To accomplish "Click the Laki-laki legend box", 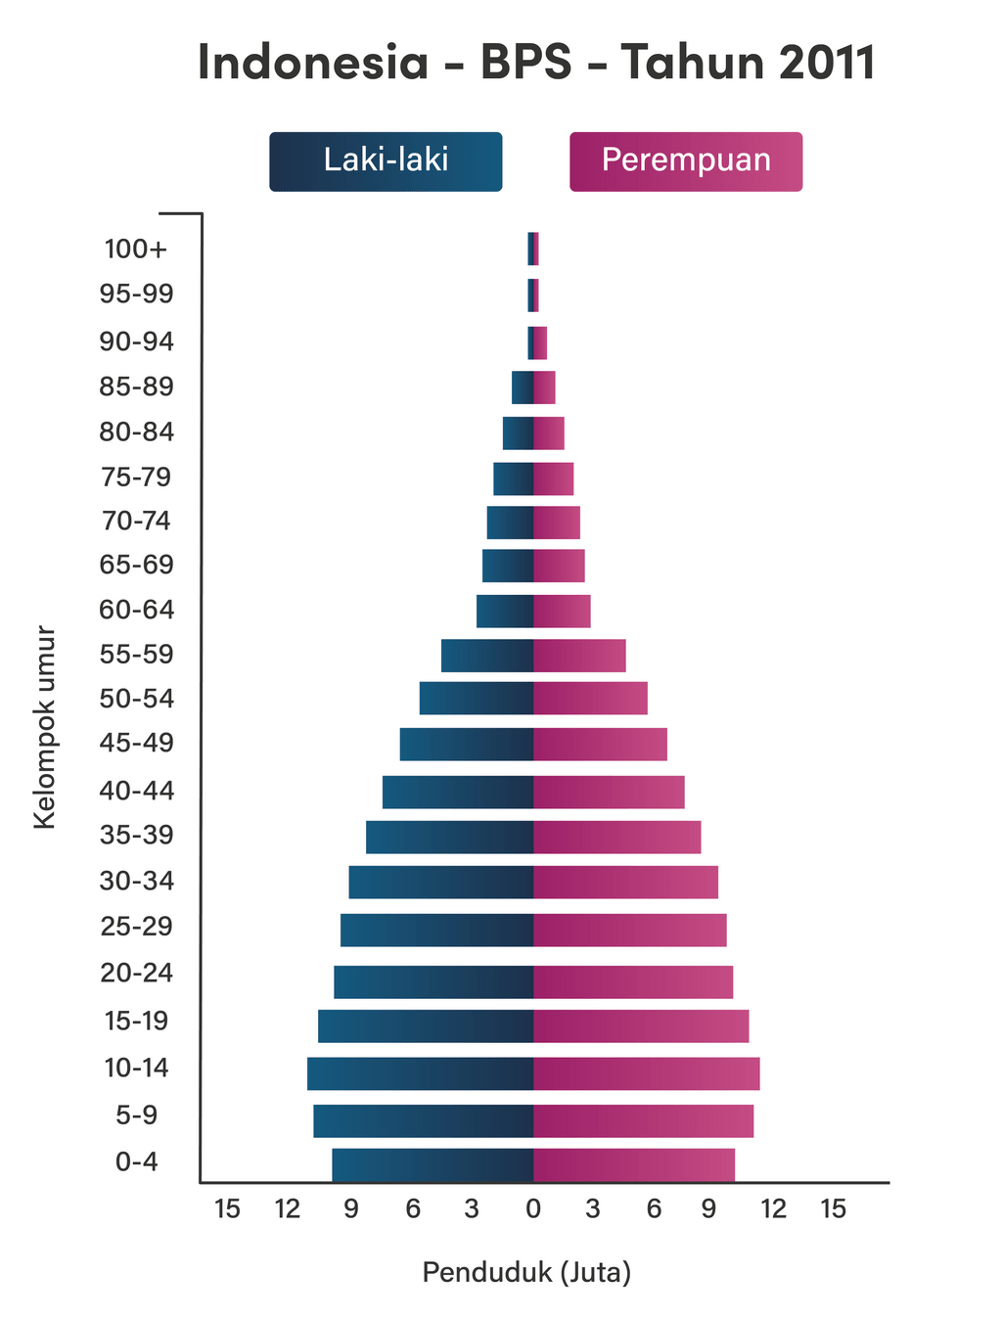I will (x=386, y=161).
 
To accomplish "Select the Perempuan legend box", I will (x=685, y=161).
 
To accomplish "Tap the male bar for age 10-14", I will (x=420, y=1073).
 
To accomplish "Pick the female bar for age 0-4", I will (x=634, y=1164).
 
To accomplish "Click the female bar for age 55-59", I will (x=579, y=656).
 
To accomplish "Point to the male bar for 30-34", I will (x=440, y=883).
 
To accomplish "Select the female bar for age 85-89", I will (x=545, y=387).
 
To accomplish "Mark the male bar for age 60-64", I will (x=505, y=612).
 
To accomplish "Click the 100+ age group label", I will (x=136, y=250).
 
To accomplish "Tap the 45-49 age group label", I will (x=136, y=744).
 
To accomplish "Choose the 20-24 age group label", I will (x=136, y=974).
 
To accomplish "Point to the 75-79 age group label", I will (x=136, y=477).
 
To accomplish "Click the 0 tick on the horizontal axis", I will (x=533, y=1209).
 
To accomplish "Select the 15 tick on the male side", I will (x=227, y=1209).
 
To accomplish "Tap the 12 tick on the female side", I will (x=773, y=1209).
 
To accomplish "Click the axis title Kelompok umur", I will (x=45, y=728).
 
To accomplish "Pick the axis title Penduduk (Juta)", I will (x=526, y=1273).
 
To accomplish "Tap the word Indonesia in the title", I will (x=313, y=64).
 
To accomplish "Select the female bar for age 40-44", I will (x=609, y=792).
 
